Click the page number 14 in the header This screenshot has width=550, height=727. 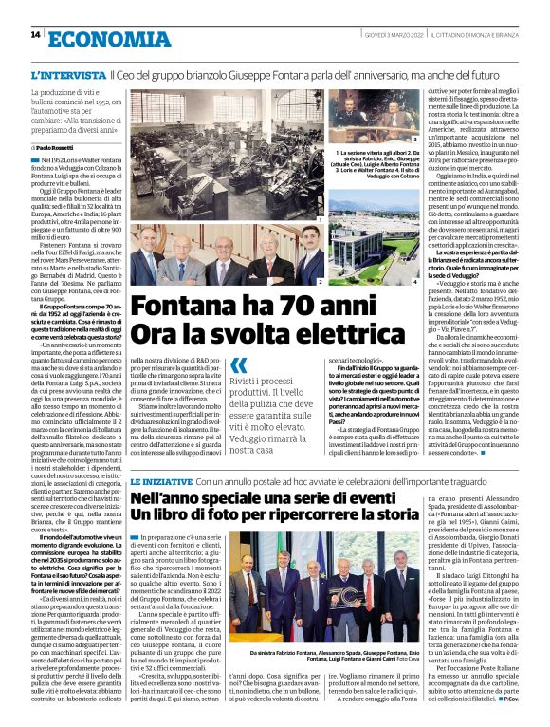pyautogui.click(x=35, y=35)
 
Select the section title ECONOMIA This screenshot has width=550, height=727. pyautogui.click(x=93, y=37)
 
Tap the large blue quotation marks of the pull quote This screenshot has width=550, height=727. pyautogui.click(x=238, y=365)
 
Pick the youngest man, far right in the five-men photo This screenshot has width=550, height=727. pyautogui.click(x=310, y=252)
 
